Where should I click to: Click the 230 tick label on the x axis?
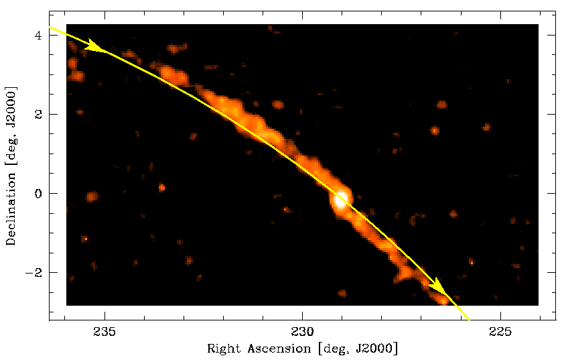(x=303, y=332)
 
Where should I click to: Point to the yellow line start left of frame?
(x=52, y=28)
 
